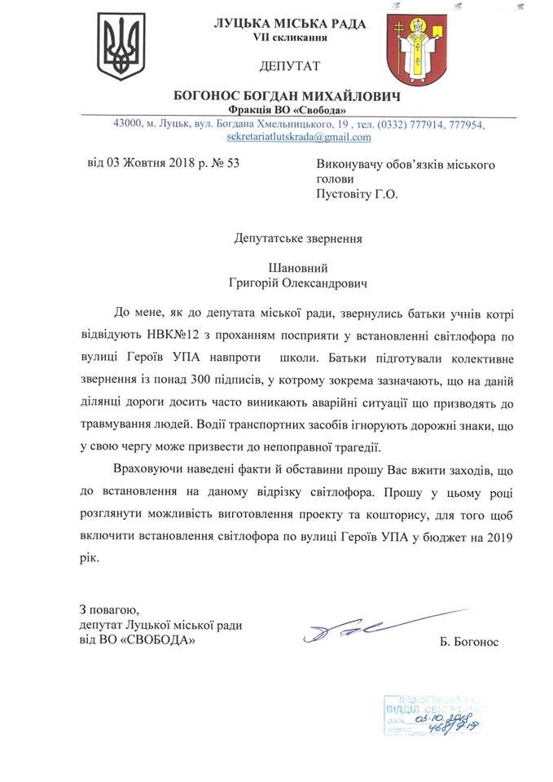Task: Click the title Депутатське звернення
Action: click(x=297, y=239)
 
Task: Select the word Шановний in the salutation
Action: click(x=297, y=268)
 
